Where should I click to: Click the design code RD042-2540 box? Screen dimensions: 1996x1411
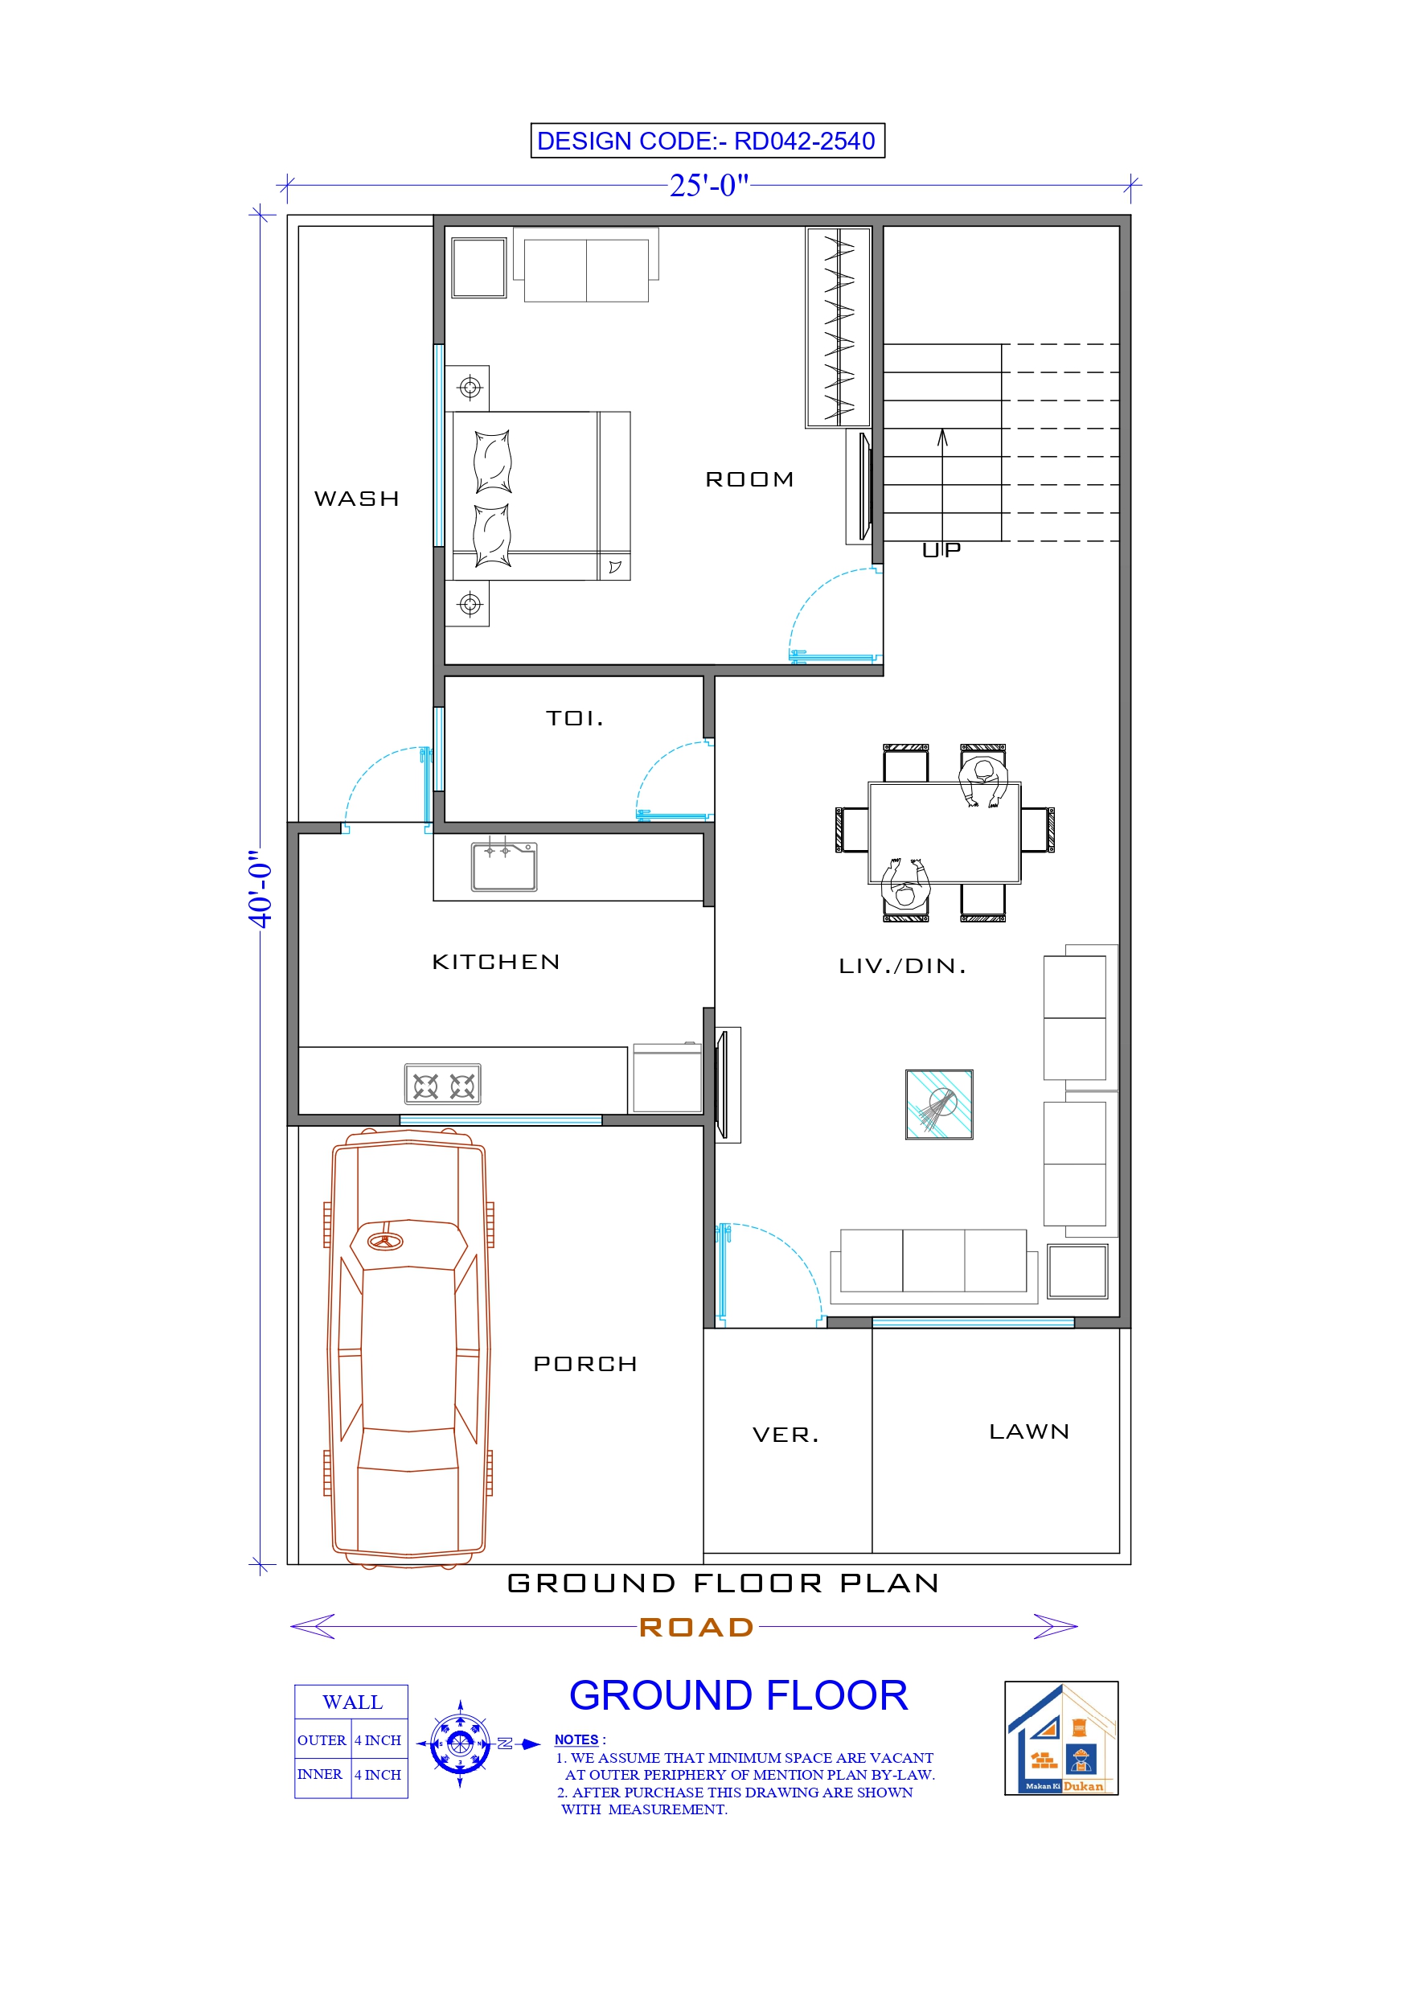(x=707, y=141)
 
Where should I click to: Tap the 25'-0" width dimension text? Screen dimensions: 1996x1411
(x=708, y=185)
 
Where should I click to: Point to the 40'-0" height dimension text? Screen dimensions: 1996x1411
(x=260, y=889)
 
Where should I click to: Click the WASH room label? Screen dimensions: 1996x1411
(x=356, y=499)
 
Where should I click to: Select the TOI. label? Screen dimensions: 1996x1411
(x=575, y=718)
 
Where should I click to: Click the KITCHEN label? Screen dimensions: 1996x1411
(x=495, y=962)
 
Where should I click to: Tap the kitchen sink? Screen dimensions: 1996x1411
(x=504, y=867)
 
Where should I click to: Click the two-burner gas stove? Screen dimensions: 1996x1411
(x=442, y=1085)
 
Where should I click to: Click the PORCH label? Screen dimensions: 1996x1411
(x=585, y=1364)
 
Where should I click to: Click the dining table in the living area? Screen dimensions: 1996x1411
(x=944, y=833)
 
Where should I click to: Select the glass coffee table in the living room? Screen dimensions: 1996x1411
(x=939, y=1104)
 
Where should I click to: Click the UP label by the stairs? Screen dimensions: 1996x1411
(x=941, y=549)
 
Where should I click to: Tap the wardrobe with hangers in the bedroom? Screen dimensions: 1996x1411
(x=838, y=327)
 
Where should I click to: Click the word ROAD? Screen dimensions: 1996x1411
(x=696, y=1628)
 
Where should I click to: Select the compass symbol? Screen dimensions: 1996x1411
(x=460, y=1743)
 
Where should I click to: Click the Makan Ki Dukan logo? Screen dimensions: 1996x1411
(x=1060, y=1738)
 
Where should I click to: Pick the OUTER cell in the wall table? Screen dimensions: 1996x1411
(x=322, y=1739)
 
